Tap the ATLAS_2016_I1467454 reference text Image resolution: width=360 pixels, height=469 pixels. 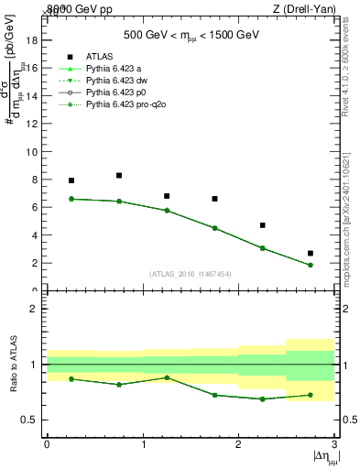coord(191,273)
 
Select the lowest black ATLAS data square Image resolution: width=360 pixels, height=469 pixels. coord(311,253)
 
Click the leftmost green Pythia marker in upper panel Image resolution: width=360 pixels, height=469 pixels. coord(71,199)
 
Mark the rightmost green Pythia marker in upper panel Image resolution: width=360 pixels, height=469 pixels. coord(311,266)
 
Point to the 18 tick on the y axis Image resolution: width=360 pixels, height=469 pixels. coord(34,40)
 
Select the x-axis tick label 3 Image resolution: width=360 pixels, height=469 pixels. coord(335,444)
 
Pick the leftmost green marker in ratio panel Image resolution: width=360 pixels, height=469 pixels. coord(71,378)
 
